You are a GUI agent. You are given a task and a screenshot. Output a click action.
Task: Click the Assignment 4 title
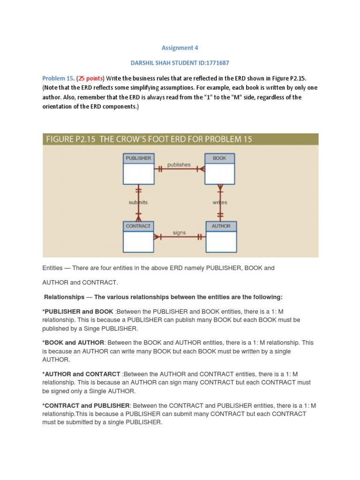[x=177, y=48]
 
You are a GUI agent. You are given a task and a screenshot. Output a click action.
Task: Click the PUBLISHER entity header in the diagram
[x=138, y=158]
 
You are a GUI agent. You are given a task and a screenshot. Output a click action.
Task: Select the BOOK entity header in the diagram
[x=219, y=158]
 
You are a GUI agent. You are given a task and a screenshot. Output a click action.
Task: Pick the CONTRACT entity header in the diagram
[x=138, y=226]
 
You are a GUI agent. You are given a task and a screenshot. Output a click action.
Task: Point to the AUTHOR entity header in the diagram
[x=221, y=226]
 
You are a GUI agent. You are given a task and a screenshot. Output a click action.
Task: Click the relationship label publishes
[x=179, y=165]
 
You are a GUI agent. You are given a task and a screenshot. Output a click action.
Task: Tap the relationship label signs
[x=179, y=232]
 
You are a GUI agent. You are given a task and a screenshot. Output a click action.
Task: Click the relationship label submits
[x=138, y=202]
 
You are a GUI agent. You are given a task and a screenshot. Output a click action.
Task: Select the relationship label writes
[x=220, y=202]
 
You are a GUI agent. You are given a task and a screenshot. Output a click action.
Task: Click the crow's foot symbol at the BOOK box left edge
[x=201, y=169]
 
